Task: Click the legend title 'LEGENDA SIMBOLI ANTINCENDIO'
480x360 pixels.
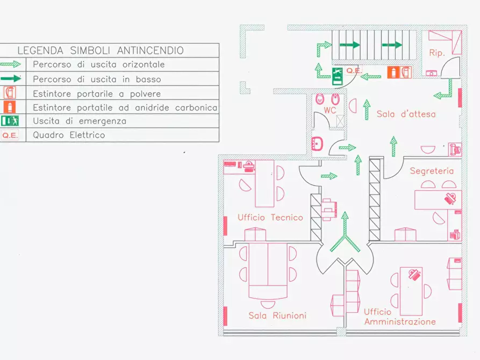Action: [101, 51]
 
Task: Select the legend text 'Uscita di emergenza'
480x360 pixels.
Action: [80, 121]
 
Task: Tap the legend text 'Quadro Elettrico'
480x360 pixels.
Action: [69, 135]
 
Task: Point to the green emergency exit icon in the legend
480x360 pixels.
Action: [10, 121]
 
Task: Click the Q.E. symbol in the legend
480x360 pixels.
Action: [10, 135]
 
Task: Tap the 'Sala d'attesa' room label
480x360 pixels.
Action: [406, 114]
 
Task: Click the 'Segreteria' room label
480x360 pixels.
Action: [432, 171]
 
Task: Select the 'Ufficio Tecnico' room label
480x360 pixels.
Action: [270, 218]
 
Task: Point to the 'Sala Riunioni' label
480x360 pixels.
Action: [277, 315]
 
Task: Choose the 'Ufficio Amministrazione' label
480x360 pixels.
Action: [399, 316]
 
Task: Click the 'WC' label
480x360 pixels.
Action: [330, 110]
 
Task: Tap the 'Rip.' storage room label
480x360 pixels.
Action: [437, 53]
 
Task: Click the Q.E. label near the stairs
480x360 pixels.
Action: [354, 70]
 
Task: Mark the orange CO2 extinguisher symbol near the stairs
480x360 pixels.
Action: [393, 72]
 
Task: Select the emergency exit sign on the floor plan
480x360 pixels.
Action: [338, 76]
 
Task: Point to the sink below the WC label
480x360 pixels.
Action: [317, 143]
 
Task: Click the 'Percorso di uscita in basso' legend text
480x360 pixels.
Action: [97, 79]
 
